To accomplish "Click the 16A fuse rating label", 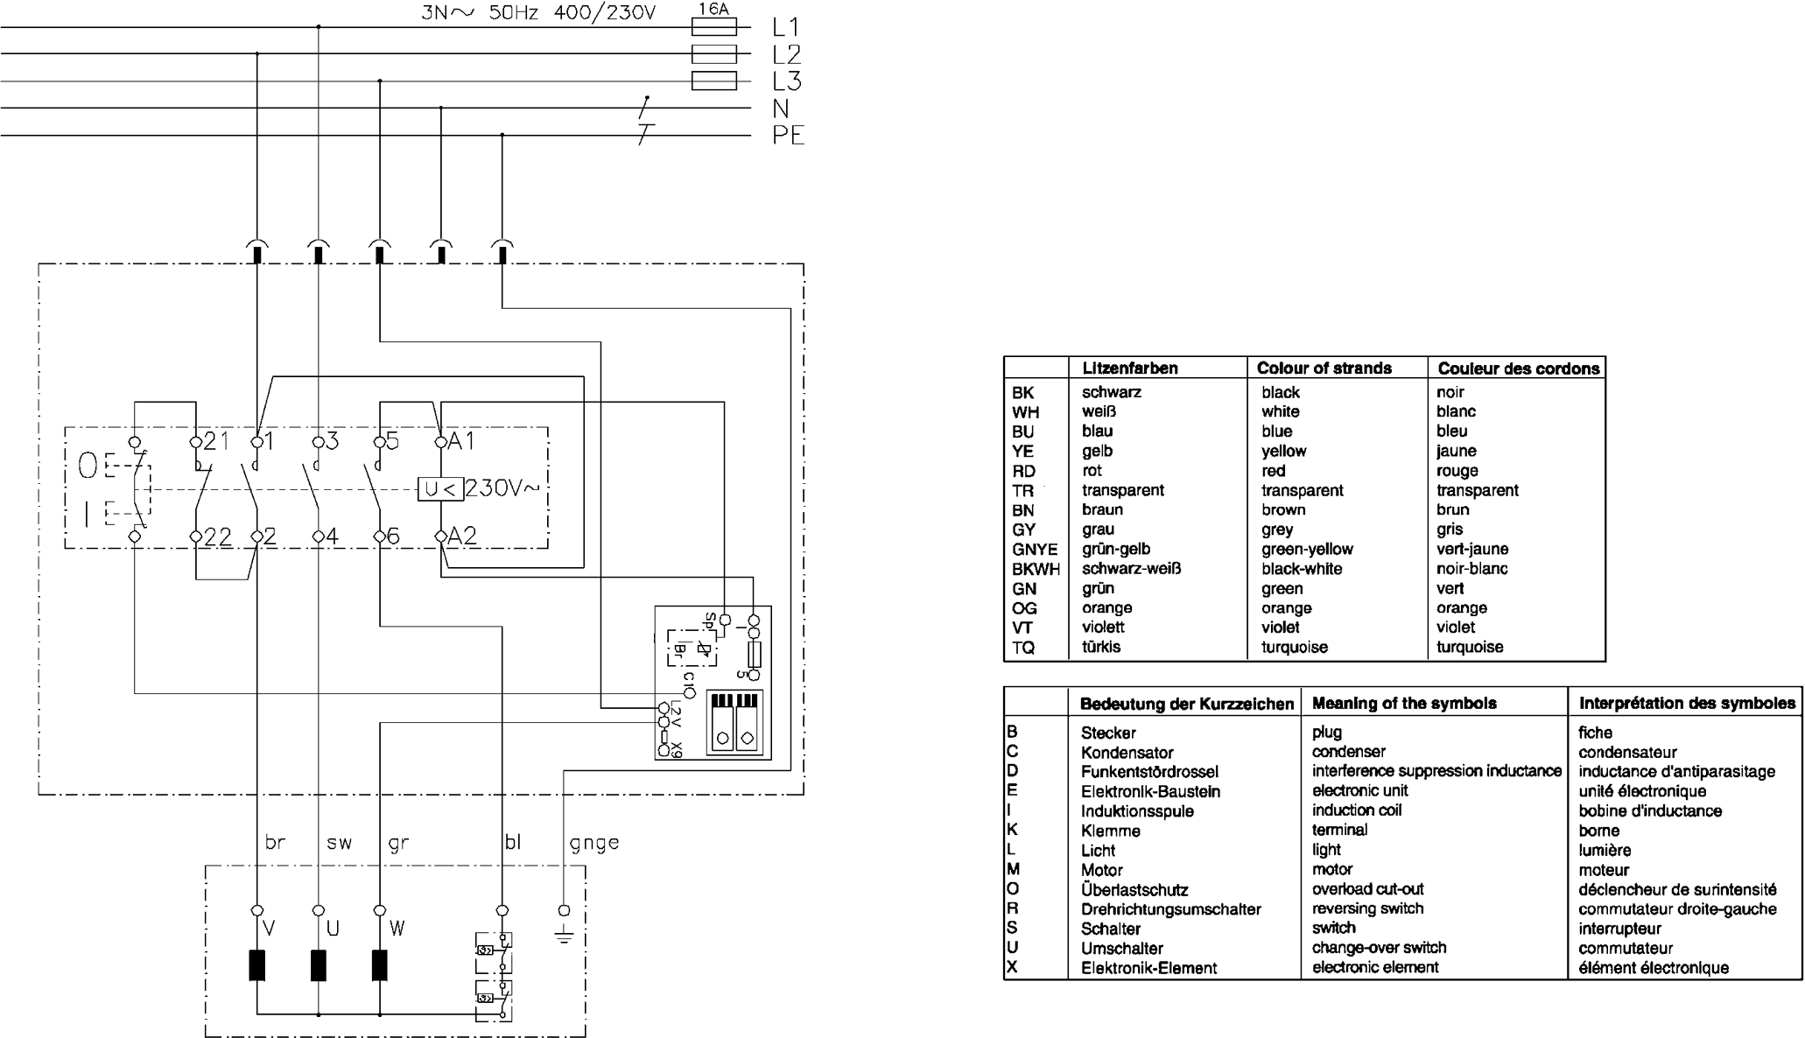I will point(713,9).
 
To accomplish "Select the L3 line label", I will point(787,81).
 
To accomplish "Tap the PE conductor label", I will point(788,136).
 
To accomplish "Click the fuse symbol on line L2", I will point(713,54).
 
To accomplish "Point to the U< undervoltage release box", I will point(440,489).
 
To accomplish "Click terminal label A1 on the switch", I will point(461,441).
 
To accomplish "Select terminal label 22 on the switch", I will point(217,537).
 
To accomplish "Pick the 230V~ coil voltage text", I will point(502,487).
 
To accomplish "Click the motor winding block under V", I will point(257,965).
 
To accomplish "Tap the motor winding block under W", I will point(380,965).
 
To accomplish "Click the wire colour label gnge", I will point(593,843).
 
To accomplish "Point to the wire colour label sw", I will point(339,843).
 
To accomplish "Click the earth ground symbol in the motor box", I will point(564,935).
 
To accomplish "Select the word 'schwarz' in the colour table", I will point(1111,392).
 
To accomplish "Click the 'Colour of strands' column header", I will point(1324,368).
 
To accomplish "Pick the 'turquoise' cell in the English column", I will point(1294,648).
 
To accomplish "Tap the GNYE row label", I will point(1035,550).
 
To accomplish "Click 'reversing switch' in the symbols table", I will point(1367,908).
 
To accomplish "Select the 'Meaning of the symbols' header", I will point(1404,704).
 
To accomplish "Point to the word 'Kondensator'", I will point(1127,753).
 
